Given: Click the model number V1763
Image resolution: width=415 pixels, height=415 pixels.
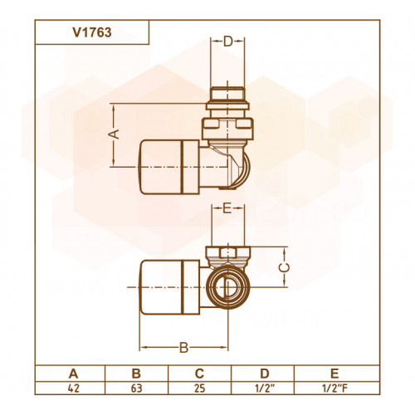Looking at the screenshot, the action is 92,32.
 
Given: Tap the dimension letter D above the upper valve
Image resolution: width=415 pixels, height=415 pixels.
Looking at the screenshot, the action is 228,41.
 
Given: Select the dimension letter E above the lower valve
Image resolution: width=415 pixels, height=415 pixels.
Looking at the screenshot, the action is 227,208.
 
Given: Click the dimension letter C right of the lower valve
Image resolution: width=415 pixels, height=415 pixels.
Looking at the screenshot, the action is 284,267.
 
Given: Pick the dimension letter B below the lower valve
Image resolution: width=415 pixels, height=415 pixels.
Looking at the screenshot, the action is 183,348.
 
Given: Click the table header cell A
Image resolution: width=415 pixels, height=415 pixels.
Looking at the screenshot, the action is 73,373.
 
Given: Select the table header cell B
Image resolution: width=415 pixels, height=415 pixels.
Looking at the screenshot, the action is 136,373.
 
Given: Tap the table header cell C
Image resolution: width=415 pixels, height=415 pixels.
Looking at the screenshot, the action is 199,373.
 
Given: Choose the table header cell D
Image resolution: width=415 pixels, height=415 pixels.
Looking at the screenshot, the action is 265,373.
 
